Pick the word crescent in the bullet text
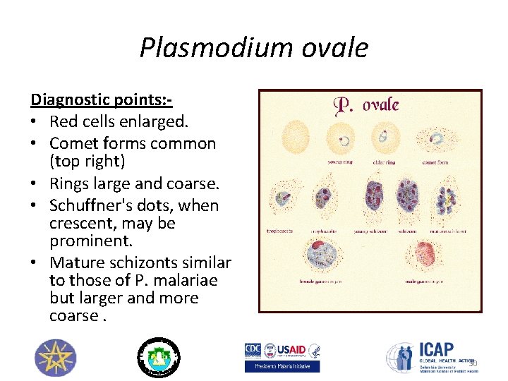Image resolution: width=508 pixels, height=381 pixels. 78,223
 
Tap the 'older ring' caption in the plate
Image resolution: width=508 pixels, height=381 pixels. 385,162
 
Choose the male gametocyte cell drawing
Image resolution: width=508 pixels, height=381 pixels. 425,255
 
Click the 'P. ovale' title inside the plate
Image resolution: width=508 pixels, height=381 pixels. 366,106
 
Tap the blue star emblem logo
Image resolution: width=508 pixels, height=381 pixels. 54,357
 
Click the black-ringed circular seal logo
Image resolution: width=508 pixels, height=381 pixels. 157,357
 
